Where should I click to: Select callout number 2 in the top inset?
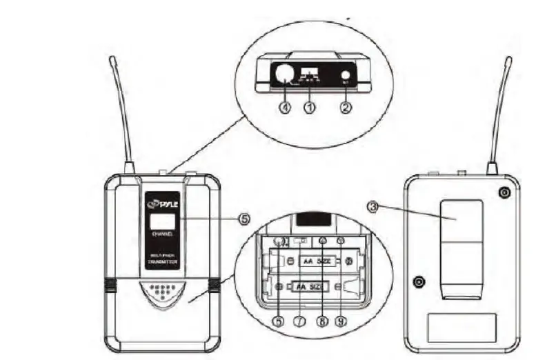(x=346, y=108)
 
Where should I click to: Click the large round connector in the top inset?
(x=284, y=73)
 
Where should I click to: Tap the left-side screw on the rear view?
(x=418, y=281)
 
